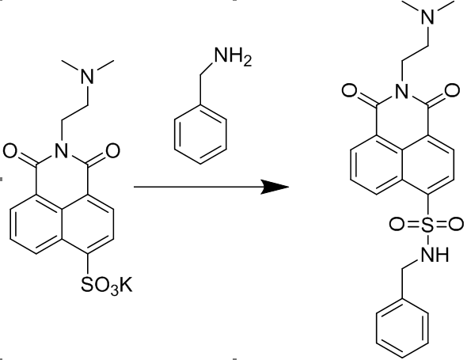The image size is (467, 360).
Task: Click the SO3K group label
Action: pyautogui.click(x=107, y=286)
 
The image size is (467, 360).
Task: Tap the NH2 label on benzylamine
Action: pyautogui.click(x=233, y=56)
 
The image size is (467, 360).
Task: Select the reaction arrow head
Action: pyautogui.click(x=275, y=187)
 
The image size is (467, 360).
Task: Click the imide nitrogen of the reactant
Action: pyautogui.click(x=62, y=150)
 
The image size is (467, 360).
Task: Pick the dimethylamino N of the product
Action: pyautogui.click(x=428, y=16)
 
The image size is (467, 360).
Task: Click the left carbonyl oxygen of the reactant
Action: pyautogui.click(x=11, y=150)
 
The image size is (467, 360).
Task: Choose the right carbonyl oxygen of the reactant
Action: pyautogui.click(x=112, y=150)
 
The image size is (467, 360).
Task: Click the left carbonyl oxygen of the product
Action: pyautogui.click(x=350, y=91)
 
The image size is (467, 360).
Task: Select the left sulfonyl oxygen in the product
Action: pyautogui.click(x=397, y=225)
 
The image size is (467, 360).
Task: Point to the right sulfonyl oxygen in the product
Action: pyautogui.click(x=457, y=225)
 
